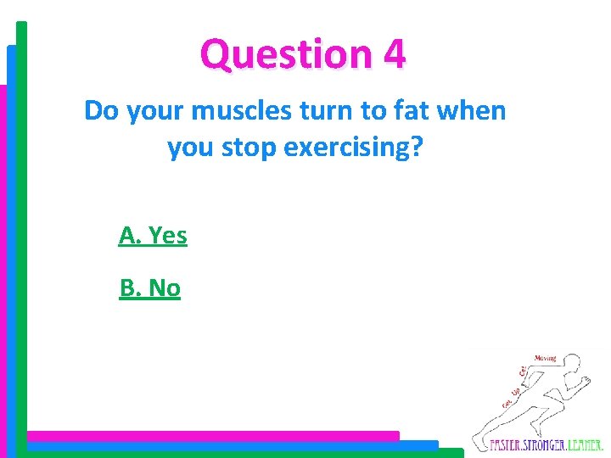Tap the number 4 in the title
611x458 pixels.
(x=395, y=53)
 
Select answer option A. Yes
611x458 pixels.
(x=153, y=235)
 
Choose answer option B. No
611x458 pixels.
(x=150, y=288)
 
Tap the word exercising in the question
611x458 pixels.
(x=353, y=148)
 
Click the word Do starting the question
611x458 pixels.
(x=102, y=110)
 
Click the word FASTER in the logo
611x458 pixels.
(x=507, y=444)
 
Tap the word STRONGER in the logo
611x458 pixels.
(x=546, y=444)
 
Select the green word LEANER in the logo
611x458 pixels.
(x=585, y=444)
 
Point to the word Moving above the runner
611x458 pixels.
(x=546, y=358)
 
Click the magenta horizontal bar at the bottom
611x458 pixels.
(x=212, y=435)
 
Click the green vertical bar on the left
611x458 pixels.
(x=21, y=229)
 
